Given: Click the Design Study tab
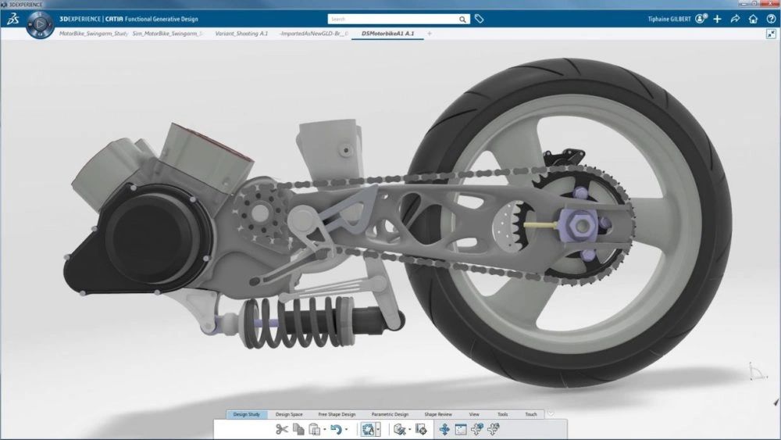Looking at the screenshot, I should [246, 414].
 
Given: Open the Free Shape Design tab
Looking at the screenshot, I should [337, 414].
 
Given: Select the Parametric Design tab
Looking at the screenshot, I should [390, 414].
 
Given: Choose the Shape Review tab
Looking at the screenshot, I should [438, 414].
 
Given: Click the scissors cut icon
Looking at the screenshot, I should [282, 429].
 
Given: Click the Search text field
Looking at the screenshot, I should [390, 19].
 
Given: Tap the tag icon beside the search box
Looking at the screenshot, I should [480, 19].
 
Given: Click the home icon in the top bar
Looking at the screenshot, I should [753, 19].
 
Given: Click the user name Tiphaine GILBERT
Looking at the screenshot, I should [669, 19].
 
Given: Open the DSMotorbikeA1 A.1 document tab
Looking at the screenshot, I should [388, 34].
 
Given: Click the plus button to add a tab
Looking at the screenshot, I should [429, 34].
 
